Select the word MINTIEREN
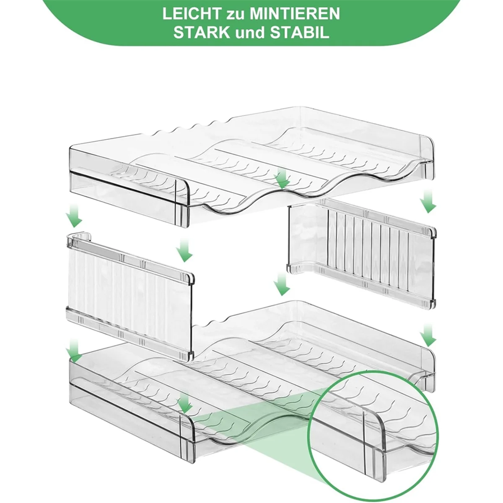294,13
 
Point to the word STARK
202,33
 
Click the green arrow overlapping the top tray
282,178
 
